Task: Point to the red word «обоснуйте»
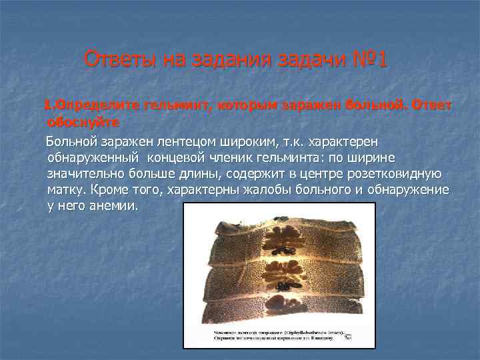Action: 83,123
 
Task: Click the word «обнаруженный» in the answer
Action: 93,158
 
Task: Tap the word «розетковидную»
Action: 394,174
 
